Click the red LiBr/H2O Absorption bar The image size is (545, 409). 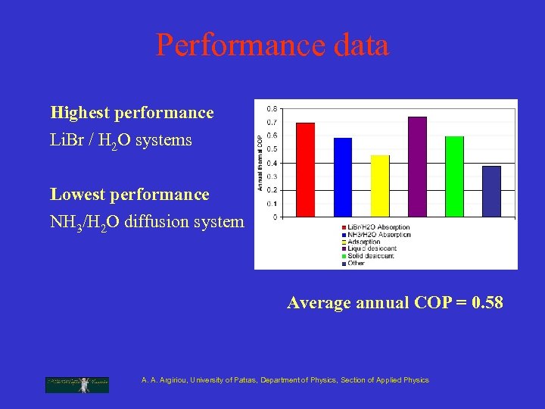pyautogui.click(x=305, y=170)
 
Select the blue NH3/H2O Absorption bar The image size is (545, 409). pyautogui.click(x=343, y=177)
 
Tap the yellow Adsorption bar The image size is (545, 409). pyautogui.click(x=380, y=186)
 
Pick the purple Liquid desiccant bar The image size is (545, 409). pyautogui.click(x=417, y=167)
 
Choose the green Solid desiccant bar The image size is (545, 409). pyautogui.click(x=454, y=176)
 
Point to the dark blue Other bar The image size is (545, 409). pyautogui.click(x=491, y=191)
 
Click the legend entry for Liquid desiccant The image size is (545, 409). pyautogui.click(x=372, y=248)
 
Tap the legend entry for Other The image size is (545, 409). pyautogui.click(x=356, y=263)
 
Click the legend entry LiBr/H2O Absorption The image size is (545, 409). pyautogui.click(x=378, y=227)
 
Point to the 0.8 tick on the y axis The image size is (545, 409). pyautogui.click(x=271, y=108)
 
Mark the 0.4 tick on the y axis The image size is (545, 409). pyautogui.click(x=271, y=162)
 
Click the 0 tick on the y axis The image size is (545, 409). pyautogui.click(x=274, y=217)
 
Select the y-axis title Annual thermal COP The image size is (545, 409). pyautogui.click(x=260, y=162)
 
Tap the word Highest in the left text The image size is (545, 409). pyautogui.click(x=79, y=113)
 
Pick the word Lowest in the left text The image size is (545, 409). pyautogui.click(x=77, y=195)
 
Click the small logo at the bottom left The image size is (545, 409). pyautogui.click(x=76, y=384)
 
